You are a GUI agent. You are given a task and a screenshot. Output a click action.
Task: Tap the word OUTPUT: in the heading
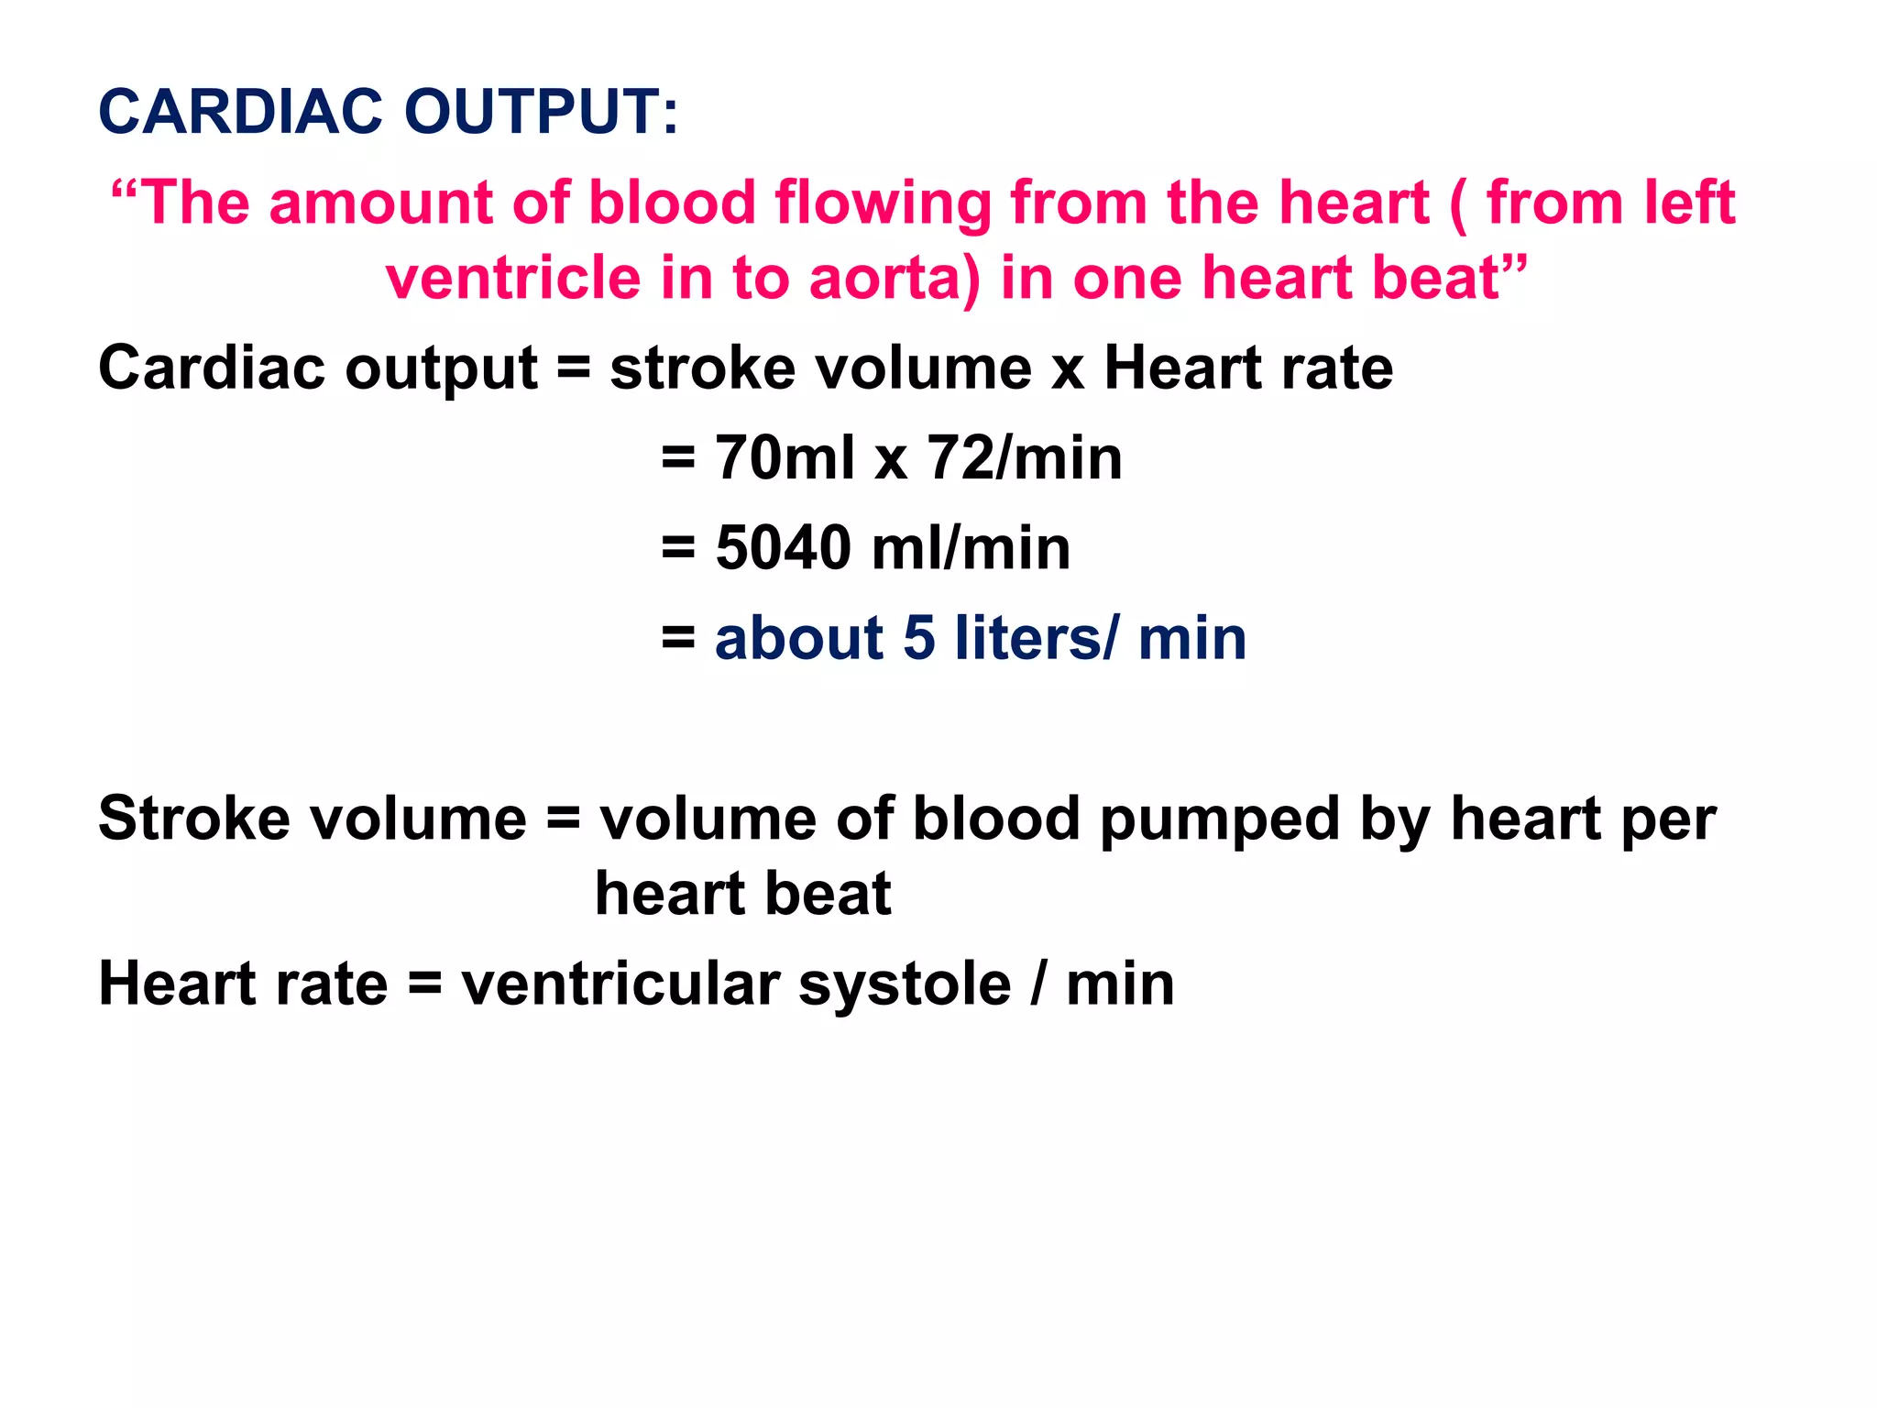pyautogui.click(x=542, y=112)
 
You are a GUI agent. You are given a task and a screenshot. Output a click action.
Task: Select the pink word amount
pyautogui.click(x=379, y=203)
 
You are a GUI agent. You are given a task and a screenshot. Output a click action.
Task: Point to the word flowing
pyautogui.click(x=884, y=203)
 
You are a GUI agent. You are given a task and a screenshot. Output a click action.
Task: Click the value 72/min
pyautogui.click(x=1025, y=457)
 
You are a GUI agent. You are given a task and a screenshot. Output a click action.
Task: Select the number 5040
pyautogui.click(x=784, y=548)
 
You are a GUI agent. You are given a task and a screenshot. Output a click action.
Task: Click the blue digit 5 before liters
pyautogui.click(x=919, y=638)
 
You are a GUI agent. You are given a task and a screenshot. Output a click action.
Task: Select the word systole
pyautogui.click(x=905, y=985)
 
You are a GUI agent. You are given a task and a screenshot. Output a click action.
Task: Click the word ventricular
pyautogui.click(x=620, y=985)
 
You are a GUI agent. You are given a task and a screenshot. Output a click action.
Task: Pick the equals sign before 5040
pyautogui.click(x=678, y=548)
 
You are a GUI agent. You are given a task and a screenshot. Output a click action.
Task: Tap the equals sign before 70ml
pyautogui.click(x=678, y=457)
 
